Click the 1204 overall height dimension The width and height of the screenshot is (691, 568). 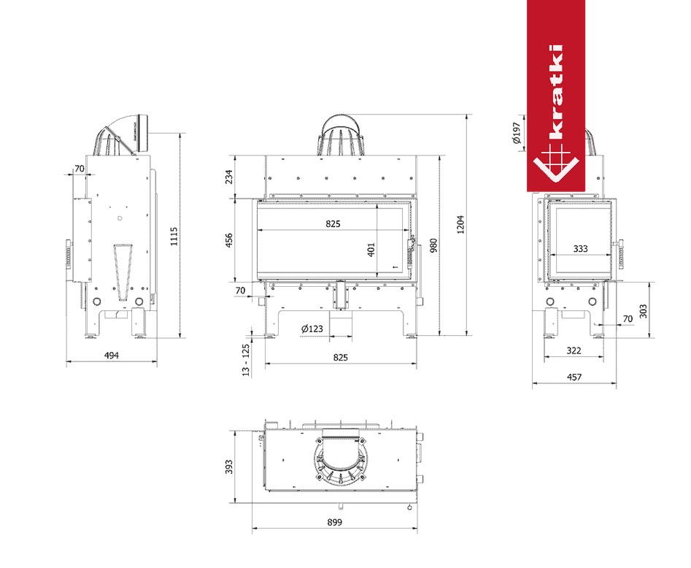coord(460,224)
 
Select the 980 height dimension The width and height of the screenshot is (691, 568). coord(433,245)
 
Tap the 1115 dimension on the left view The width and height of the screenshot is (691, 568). coord(174,237)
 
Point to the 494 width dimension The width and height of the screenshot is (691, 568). coord(112,355)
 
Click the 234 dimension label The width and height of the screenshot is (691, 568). coord(228,177)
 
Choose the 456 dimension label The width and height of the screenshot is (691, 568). coord(228,240)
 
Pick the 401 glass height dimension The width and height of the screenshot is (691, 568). coord(371,250)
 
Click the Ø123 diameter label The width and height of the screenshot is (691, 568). coord(312,329)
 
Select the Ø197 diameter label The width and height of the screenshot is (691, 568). coord(517,132)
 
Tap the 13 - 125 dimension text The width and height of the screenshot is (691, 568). coord(246,360)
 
